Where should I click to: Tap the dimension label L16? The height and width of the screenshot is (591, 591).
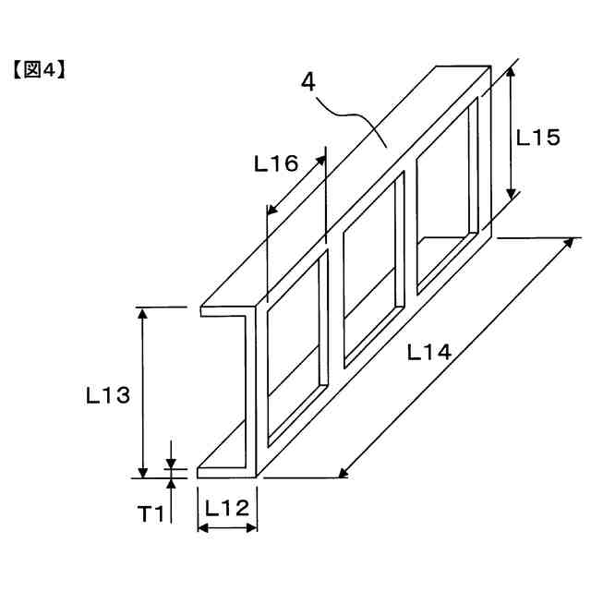click(276, 164)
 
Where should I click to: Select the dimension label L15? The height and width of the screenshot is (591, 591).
click(537, 138)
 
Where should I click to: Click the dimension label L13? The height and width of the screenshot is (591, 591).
click(107, 396)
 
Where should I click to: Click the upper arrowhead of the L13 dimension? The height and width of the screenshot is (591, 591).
click(143, 313)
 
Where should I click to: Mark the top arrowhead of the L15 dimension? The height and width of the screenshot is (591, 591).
click(512, 72)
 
